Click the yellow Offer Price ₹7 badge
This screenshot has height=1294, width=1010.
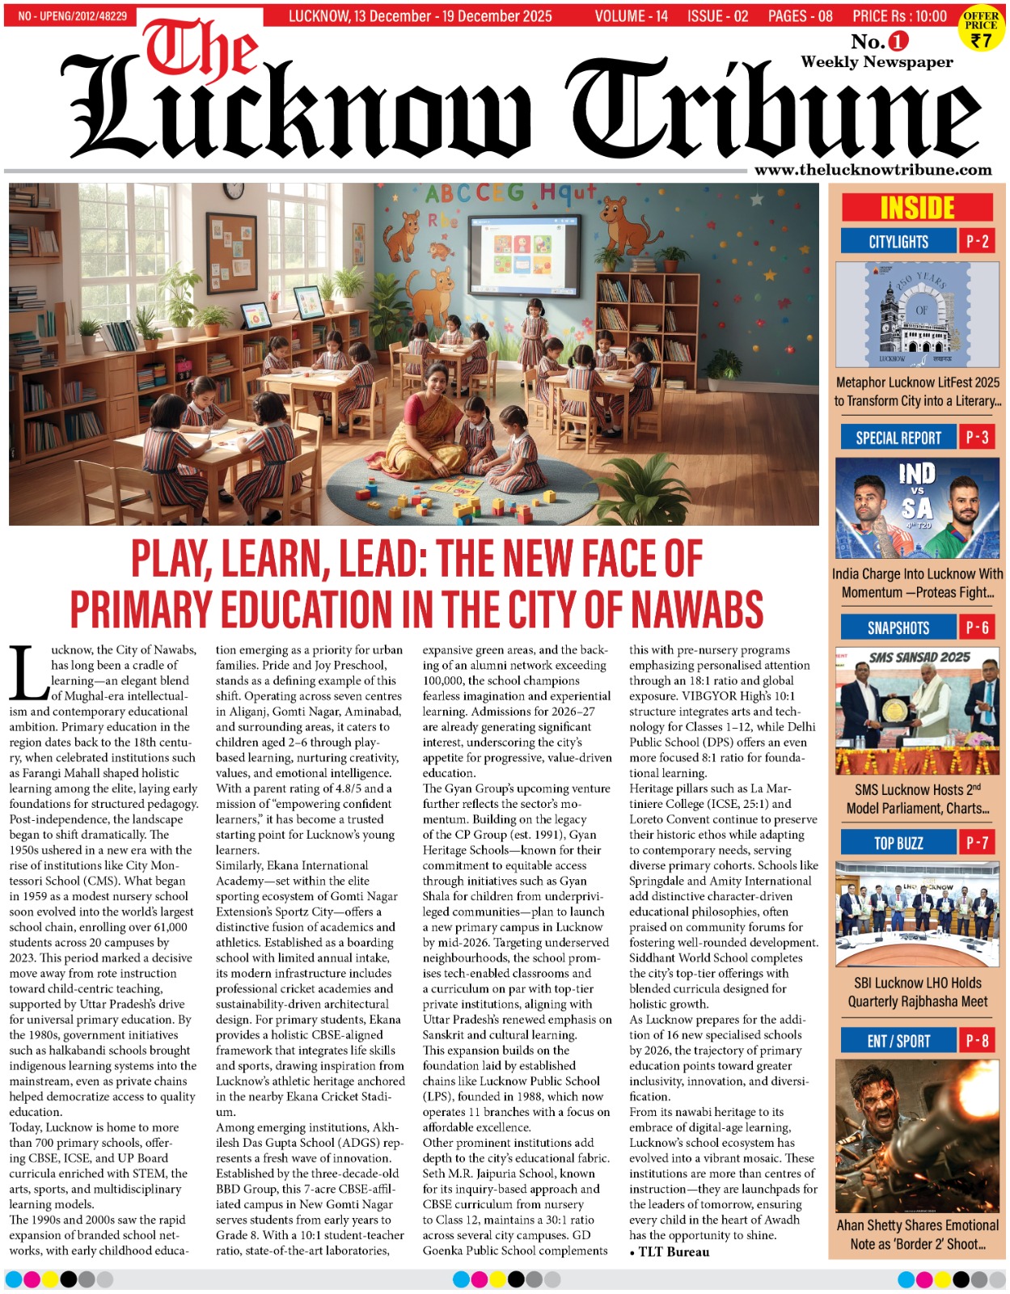pyautogui.click(x=981, y=28)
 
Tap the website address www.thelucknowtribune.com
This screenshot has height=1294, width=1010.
pyautogui.click(x=873, y=170)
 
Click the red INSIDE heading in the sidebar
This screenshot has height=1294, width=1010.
pyautogui.click(x=917, y=208)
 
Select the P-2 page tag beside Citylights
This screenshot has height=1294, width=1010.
pyautogui.click(x=977, y=241)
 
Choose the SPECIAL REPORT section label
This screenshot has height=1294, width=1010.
pyautogui.click(x=898, y=438)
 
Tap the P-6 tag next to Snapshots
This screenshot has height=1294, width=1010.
pyautogui.click(x=977, y=628)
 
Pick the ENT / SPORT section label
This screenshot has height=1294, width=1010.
pyautogui.click(x=898, y=1041)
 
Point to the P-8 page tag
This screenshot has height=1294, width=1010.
pyautogui.click(x=977, y=1041)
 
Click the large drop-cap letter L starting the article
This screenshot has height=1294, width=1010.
pyautogui.click(x=28, y=673)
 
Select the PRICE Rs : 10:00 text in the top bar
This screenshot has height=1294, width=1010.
pyautogui.click(x=899, y=16)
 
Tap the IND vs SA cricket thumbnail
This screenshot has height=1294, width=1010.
pyautogui.click(x=917, y=508)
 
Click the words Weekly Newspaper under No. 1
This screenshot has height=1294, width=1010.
pyautogui.click(x=877, y=62)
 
